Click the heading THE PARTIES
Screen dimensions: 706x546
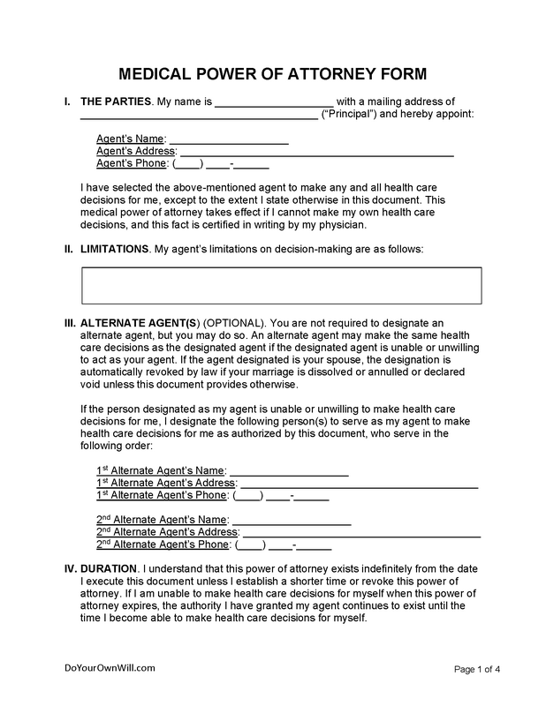pyautogui.click(x=115, y=102)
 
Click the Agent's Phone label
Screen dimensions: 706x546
pyautogui.click(x=132, y=164)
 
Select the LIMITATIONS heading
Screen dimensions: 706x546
pyautogui.click(x=114, y=250)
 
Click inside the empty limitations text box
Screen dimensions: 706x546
pyautogui.click(x=281, y=285)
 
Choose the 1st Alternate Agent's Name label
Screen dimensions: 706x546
pyautogui.click(x=161, y=471)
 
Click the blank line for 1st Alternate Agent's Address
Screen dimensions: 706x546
pyautogui.click(x=359, y=484)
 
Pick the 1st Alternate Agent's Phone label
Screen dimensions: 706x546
pyautogui.click(x=162, y=496)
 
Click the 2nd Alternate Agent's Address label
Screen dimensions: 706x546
pyautogui.click(x=167, y=533)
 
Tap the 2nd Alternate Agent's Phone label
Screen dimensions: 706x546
pyautogui.click(x=163, y=545)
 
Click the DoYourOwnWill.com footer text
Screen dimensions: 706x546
pyautogui.click(x=97, y=669)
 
